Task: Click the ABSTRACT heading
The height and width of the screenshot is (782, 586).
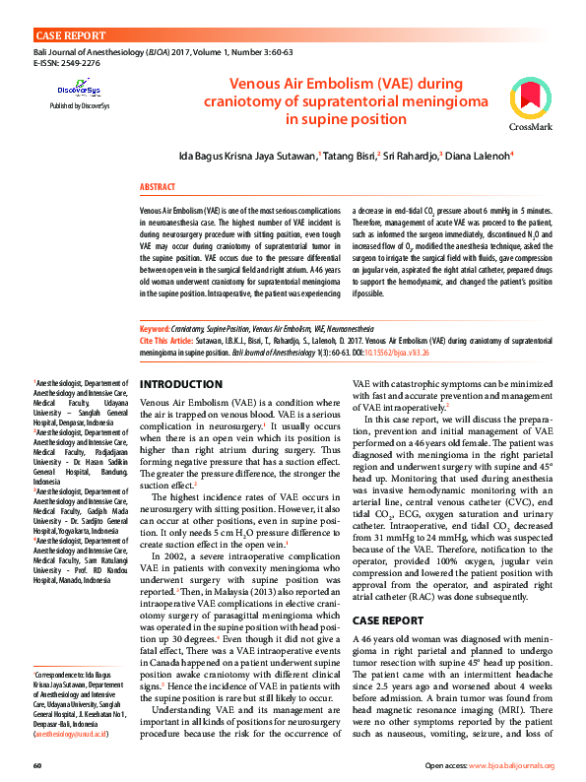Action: [x=158, y=186]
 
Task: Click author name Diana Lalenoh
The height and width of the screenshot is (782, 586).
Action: [x=479, y=156]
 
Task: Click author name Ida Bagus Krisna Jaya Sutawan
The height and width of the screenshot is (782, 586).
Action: [x=246, y=156]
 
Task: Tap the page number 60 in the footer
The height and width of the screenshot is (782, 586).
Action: [x=36, y=765]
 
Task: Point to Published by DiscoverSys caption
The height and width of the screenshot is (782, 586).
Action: [x=79, y=104]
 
